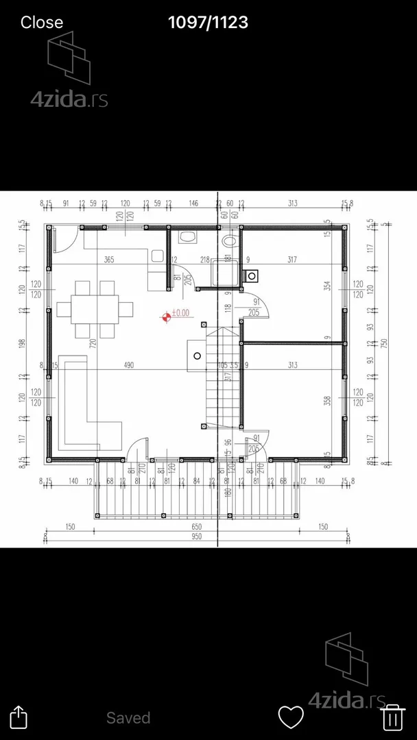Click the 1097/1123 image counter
pyautogui.click(x=208, y=22)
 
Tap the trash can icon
pyautogui.click(x=392, y=717)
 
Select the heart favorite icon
pyautogui.click(x=291, y=717)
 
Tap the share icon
pyautogui.click(x=20, y=717)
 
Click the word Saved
pyautogui.click(x=128, y=717)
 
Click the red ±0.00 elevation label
pyautogui.click(x=180, y=313)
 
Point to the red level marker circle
pyautogui.click(x=166, y=317)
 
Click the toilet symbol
pyautogui.click(x=230, y=241)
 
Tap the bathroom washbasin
pyautogui.click(x=186, y=238)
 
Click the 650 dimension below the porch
pyautogui.click(x=197, y=526)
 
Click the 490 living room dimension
pyautogui.click(x=128, y=365)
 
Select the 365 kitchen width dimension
pyautogui.click(x=109, y=259)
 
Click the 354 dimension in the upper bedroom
pyautogui.click(x=328, y=284)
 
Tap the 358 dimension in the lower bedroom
pyautogui.click(x=328, y=399)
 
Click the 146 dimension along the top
pyautogui.click(x=193, y=203)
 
